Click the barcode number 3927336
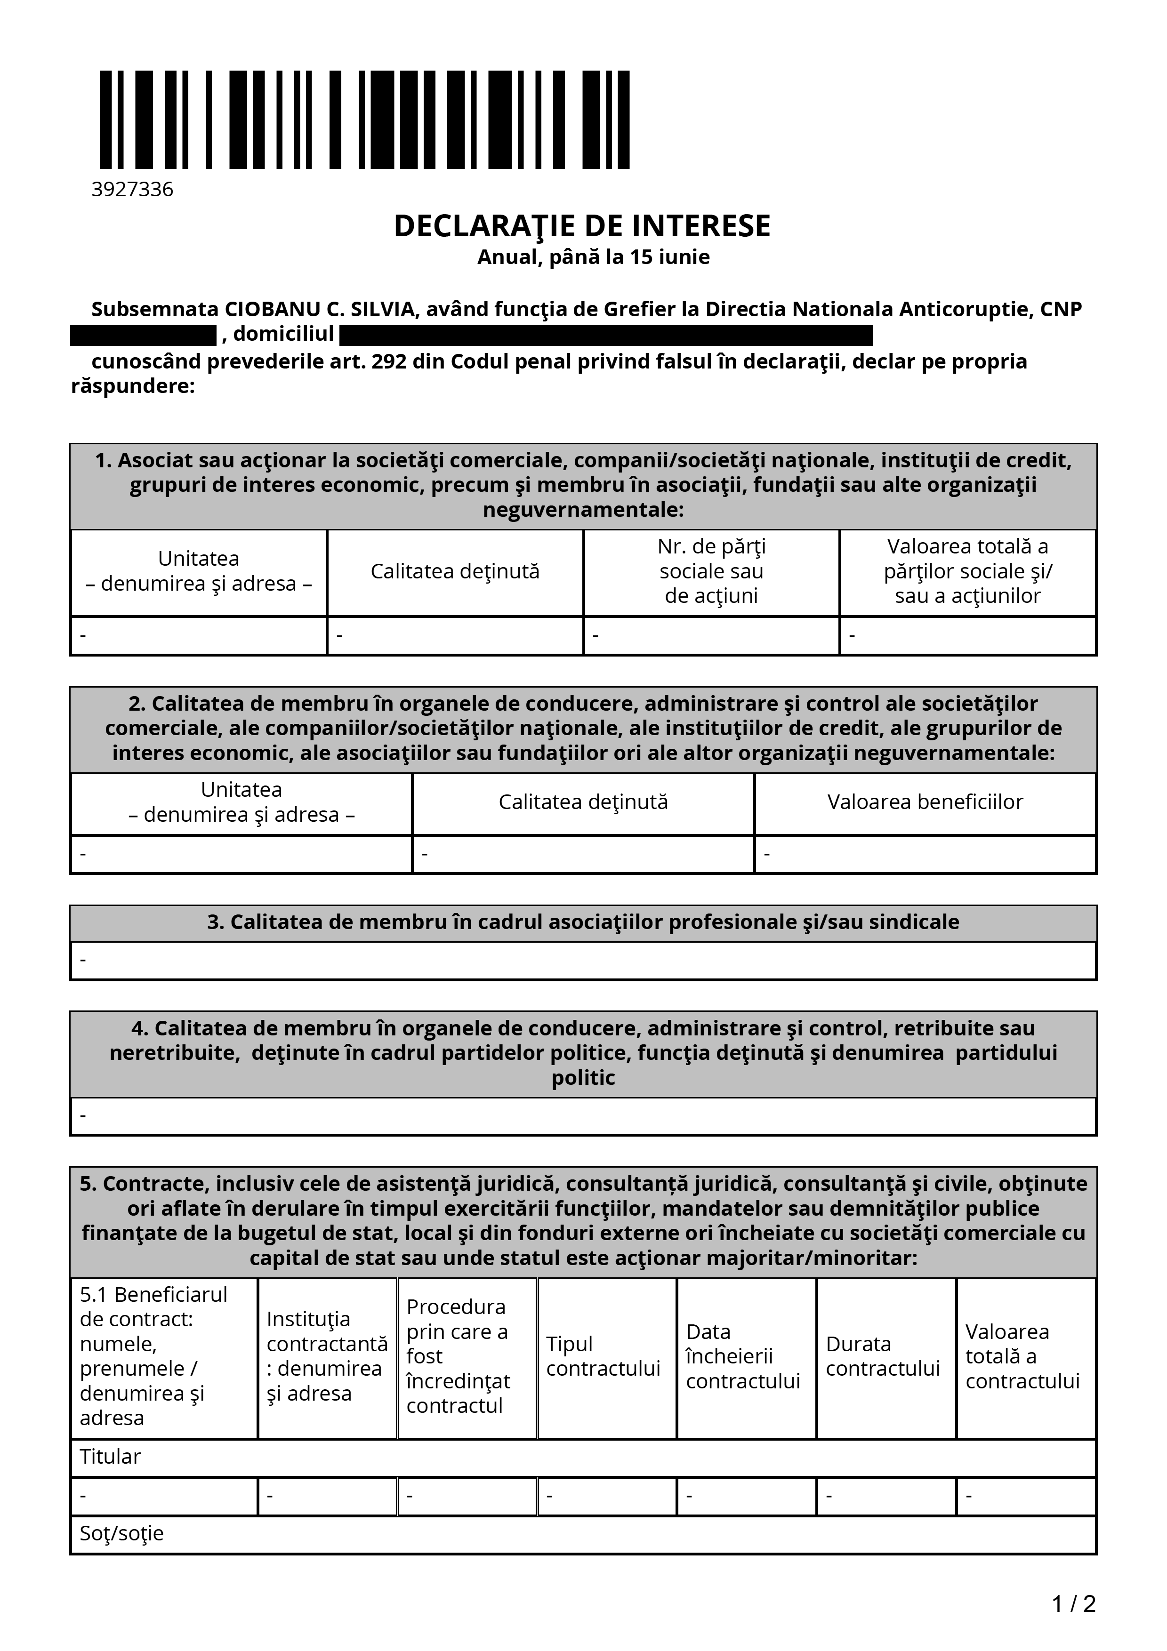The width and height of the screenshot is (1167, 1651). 132,189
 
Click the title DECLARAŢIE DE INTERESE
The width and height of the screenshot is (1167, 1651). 582,226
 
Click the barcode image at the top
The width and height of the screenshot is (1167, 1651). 364,120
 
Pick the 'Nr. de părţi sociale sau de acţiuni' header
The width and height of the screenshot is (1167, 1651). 711,572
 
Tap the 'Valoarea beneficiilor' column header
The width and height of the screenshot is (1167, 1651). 925,802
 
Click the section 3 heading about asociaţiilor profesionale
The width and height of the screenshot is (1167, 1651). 583,922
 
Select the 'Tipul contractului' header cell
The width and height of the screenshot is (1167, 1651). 604,1356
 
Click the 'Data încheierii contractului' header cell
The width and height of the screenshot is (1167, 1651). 743,1356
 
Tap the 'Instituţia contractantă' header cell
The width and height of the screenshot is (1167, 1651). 327,1356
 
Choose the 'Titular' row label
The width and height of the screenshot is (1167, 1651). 110,1457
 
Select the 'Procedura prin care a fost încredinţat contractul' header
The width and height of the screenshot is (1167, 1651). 458,1356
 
